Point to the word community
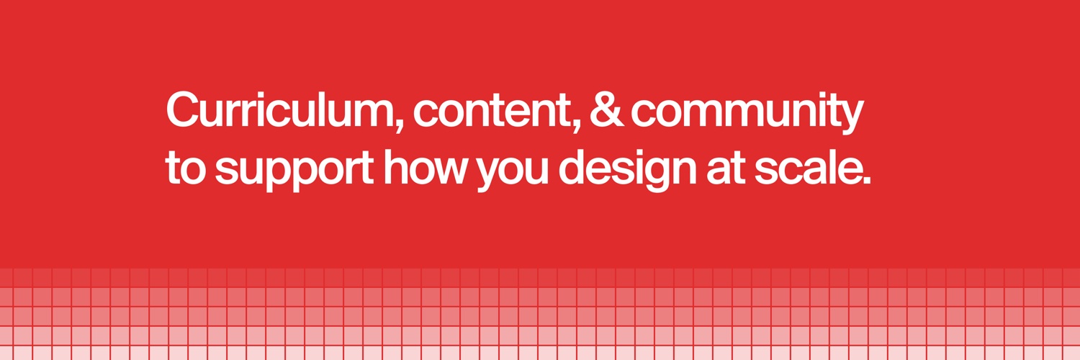pos(747,114)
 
